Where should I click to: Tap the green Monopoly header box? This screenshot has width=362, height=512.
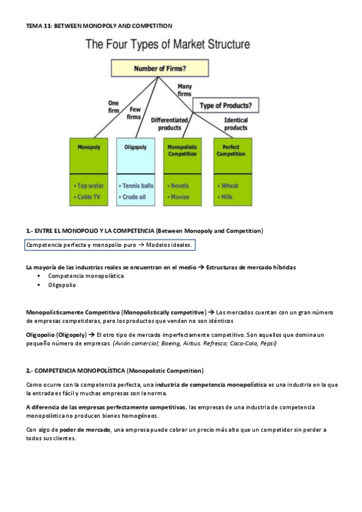pyautogui.click(x=89, y=147)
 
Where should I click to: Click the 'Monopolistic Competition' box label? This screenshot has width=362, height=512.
pyautogui.click(x=183, y=150)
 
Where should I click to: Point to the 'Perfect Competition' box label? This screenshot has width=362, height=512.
pyautogui.click(x=230, y=150)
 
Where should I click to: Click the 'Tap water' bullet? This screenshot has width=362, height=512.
pyautogui.click(x=91, y=186)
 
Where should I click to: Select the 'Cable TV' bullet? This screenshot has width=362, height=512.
pyautogui.click(x=89, y=197)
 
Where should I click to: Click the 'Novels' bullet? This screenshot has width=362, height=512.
pyautogui.click(x=180, y=186)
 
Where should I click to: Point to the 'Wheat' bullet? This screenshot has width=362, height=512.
pyautogui.click(x=230, y=186)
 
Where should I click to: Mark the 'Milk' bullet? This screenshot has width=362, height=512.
pyautogui.click(x=227, y=197)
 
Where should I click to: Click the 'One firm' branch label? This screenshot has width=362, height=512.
pyautogui.click(x=113, y=106)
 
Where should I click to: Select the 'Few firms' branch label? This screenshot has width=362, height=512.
pyautogui.click(x=134, y=113)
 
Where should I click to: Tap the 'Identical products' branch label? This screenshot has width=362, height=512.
pyautogui.click(x=236, y=124)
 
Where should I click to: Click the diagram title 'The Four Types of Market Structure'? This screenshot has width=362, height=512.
pyautogui.click(x=168, y=45)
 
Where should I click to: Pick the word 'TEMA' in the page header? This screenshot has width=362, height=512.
pyautogui.click(x=34, y=26)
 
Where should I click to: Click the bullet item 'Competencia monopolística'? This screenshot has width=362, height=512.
pyautogui.click(x=85, y=276)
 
